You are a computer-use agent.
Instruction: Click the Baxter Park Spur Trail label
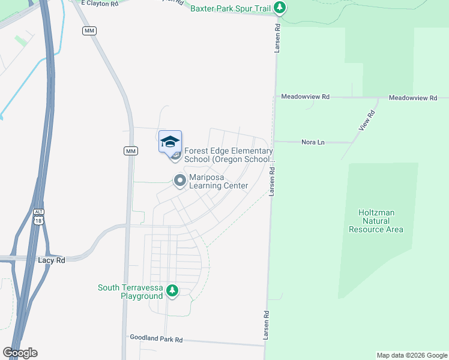[230, 8]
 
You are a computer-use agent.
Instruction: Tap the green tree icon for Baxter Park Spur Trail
[279, 8]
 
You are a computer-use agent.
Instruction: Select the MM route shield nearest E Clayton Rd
[90, 31]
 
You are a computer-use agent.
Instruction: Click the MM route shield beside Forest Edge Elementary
[131, 151]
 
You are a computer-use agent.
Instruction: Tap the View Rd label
[367, 121]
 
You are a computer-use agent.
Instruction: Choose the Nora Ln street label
[312, 142]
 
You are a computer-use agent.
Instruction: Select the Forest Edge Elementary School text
[228, 155]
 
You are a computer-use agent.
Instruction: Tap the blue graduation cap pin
[170, 142]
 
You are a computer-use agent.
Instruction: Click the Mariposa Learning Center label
[218, 181]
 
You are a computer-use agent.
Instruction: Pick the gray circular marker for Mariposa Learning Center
[179, 180]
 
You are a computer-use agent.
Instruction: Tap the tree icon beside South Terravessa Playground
[172, 291]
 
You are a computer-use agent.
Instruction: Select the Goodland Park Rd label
[156, 339]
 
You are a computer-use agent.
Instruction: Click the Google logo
[20, 353]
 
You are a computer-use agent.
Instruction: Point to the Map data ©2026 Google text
[411, 355]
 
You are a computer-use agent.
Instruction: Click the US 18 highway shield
[39, 221]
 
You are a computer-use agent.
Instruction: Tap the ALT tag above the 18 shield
[39, 212]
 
